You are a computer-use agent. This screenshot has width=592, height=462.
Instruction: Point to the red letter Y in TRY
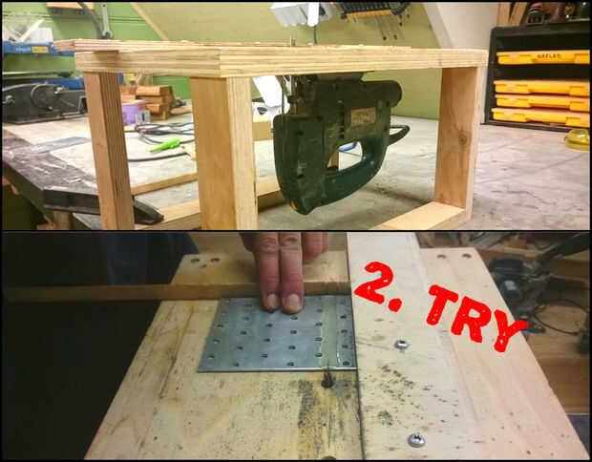click(x=507, y=330)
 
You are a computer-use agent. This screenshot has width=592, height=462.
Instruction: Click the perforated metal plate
click(x=278, y=334)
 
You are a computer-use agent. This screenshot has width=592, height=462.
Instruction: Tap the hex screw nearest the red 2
click(x=401, y=344)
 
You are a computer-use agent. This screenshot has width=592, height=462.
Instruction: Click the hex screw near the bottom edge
click(x=416, y=440)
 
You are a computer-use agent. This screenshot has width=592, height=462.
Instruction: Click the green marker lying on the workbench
click(x=164, y=145)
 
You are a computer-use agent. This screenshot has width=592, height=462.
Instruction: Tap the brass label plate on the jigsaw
click(x=363, y=117)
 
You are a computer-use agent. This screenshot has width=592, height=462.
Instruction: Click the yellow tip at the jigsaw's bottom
click(x=294, y=205)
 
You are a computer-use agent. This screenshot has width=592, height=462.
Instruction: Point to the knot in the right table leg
click(x=462, y=138)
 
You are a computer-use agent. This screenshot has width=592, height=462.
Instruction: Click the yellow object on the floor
click(x=578, y=139)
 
